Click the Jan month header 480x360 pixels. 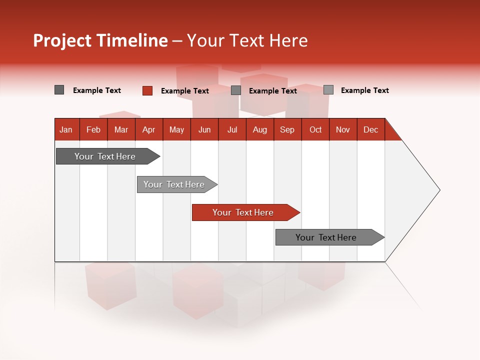pyautogui.click(x=66, y=129)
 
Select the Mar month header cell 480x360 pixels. pyautogui.click(x=121, y=129)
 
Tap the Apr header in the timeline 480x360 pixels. pyautogui.click(x=148, y=129)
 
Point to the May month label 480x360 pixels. pyautogui.click(x=176, y=129)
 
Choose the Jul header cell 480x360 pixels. pyautogui.click(x=232, y=129)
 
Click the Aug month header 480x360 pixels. pyautogui.click(x=260, y=129)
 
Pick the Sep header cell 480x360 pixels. pyautogui.click(x=287, y=129)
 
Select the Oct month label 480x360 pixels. pyautogui.click(x=315, y=129)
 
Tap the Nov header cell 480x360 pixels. pyautogui.click(x=343, y=129)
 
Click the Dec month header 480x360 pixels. pyautogui.click(x=370, y=129)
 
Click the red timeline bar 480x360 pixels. pyautogui.click(x=245, y=212)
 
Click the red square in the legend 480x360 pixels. pyautogui.click(x=147, y=90)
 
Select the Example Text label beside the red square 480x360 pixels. pyautogui.click(x=184, y=91)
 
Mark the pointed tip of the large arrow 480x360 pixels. pyautogui.click(x=439, y=190)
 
